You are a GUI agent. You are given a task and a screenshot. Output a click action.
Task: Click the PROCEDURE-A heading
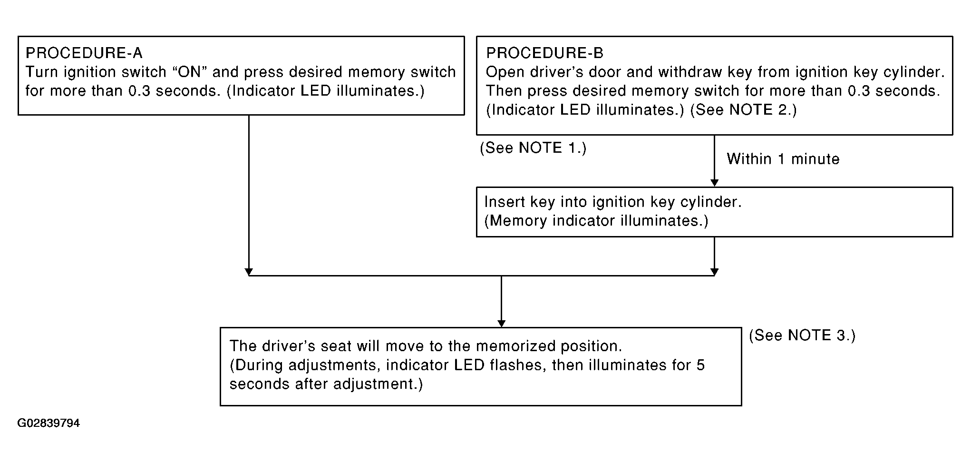click(x=84, y=53)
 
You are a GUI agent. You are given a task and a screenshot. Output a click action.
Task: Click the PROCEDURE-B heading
click(x=545, y=53)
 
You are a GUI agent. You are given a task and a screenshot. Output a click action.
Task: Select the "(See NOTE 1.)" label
click(x=533, y=148)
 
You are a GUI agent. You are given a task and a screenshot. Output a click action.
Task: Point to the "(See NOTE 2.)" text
click(x=743, y=110)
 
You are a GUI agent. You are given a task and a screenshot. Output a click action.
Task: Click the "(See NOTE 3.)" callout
click(x=802, y=335)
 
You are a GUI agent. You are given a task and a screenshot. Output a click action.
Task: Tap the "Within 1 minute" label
click(x=783, y=159)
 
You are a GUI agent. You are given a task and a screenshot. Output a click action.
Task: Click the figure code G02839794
click(x=49, y=423)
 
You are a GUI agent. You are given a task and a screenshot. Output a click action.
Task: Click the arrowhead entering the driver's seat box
click(x=501, y=324)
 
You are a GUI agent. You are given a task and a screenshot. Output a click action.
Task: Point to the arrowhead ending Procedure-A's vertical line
click(x=248, y=272)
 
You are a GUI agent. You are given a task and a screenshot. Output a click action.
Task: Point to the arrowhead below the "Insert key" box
click(x=714, y=272)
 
